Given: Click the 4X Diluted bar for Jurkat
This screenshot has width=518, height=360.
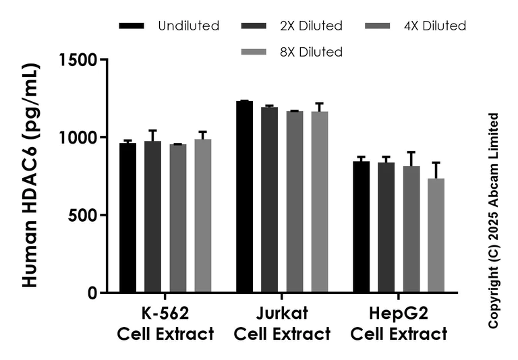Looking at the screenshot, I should [x=294, y=202].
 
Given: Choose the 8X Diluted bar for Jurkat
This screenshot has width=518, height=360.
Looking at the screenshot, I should [x=319, y=202].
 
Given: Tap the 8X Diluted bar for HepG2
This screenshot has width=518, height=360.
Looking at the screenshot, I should [x=436, y=235].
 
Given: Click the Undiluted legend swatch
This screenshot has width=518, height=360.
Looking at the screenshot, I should [x=132, y=26].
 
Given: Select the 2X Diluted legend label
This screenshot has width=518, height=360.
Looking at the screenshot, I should [x=311, y=26].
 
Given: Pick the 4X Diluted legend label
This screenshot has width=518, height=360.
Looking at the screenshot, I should [x=435, y=26].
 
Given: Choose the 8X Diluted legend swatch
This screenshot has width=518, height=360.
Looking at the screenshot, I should [x=254, y=52].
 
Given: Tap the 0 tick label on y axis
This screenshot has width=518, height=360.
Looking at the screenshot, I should [x=93, y=293].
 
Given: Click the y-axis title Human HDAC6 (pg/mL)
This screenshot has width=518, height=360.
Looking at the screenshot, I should [x=30, y=175].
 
